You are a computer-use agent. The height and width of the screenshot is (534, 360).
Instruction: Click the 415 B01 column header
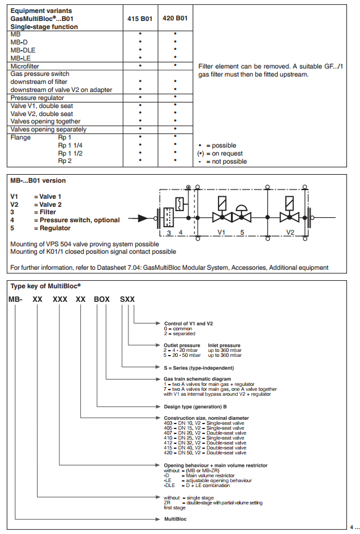[x=140, y=19]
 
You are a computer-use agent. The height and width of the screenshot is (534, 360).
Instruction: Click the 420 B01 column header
[x=175, y=18]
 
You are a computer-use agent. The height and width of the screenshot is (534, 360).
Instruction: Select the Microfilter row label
[x=25, y=66]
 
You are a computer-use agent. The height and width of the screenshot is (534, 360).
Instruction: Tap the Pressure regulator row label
[x=37, y=98]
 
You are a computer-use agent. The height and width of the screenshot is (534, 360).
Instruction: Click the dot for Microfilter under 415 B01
[x=140, y=65]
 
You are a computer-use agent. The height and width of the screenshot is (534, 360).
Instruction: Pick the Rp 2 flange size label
[x=65, y=161]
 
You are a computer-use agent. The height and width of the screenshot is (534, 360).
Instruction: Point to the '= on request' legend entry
[x=220, y=153]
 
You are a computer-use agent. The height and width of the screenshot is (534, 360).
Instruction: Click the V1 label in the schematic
[x=222, y=232]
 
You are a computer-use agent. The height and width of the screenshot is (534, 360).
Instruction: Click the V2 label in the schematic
[x=290, y=232]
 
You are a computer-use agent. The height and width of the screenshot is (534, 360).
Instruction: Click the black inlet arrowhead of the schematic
[x=143, y=218]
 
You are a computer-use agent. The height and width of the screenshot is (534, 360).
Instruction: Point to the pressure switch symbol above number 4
[x=180, y=204]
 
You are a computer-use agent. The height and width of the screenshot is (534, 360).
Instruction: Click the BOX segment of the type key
[x=102, y=299]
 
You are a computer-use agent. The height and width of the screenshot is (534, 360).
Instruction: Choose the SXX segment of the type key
[x=127, y=299]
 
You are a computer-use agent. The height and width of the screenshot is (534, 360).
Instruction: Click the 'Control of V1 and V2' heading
[x=188, y=323]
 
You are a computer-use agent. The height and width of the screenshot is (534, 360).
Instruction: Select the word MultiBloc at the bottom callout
[x=175, y=519]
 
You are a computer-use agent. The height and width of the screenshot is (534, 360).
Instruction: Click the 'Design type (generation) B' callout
[x=195, y=407]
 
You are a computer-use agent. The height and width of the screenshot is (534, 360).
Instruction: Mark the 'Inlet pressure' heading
[x=224, y=345]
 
